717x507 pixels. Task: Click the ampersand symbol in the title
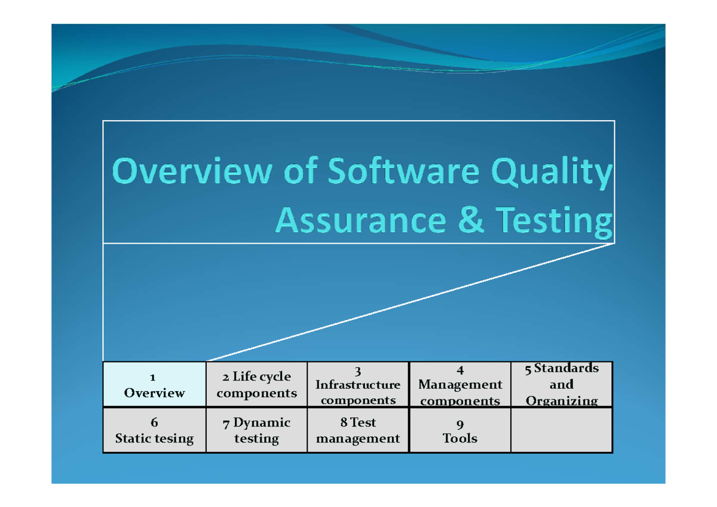(x=470, y=221)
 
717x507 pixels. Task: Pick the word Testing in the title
(x=556, y=222)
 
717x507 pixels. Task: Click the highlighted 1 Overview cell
(x=154, y=385)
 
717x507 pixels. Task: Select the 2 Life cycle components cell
(x=256, y=385)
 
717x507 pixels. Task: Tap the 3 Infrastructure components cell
(x=358, y=385)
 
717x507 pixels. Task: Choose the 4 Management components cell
(x=459, y=385)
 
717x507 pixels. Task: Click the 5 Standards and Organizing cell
(x=562, y=385)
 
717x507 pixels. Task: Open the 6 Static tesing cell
(x=154, y=431)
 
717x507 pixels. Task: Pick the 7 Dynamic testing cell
(x=256, y=431)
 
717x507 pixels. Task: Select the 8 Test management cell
(x=358, y=431)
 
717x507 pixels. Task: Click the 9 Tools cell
(x=459, y=431)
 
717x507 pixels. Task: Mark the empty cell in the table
(x=562, y=431)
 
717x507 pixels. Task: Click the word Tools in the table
(x=459, y=438)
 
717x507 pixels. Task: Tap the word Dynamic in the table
(x=262, y=423)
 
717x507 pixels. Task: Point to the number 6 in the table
(x=154, y=423)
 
